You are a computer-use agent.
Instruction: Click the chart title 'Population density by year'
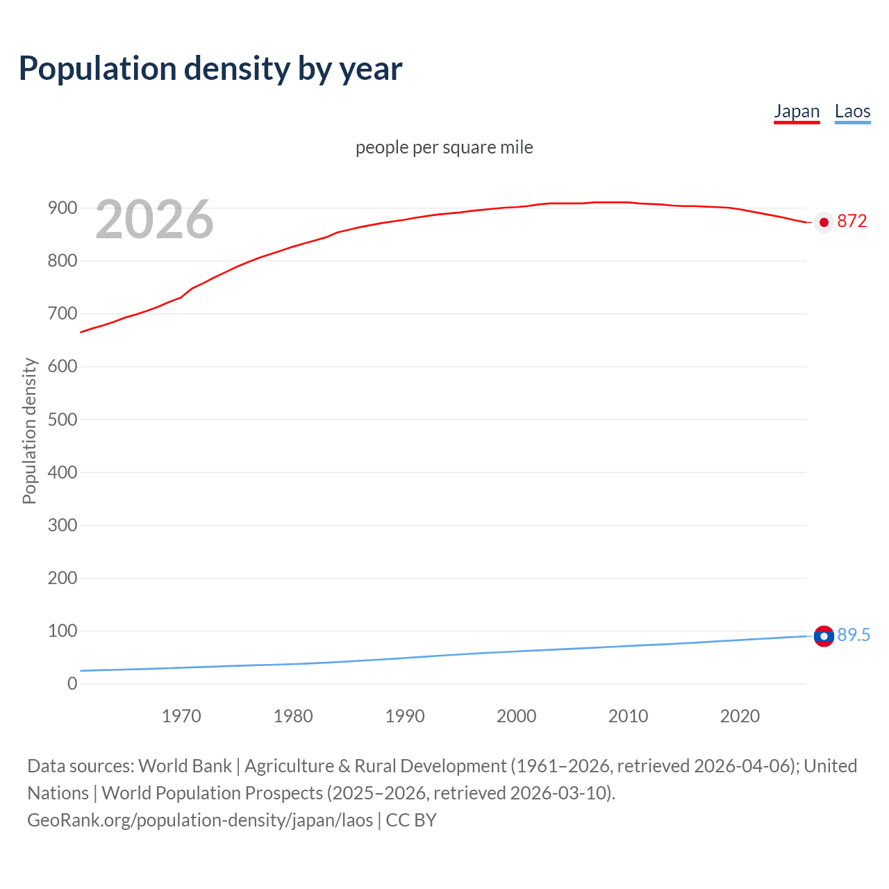[x=210, y=69]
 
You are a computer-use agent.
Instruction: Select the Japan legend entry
[x=797, y=111]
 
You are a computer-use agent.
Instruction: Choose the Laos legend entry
[x=852, y=111]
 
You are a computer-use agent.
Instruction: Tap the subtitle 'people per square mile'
[x=444, y=148]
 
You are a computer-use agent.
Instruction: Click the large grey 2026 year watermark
[x=154, y=219]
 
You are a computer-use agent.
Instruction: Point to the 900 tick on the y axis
[x=63, y=208]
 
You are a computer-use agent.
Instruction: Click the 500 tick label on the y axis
[x=63, y=419]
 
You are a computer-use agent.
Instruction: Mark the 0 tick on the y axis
[x=72, y=683]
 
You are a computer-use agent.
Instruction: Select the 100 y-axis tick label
[x=63, y=631]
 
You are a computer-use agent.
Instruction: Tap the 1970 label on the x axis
[x=181, y=716]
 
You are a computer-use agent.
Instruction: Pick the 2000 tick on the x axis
[x=516, y=716]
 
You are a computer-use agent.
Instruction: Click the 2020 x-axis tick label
[x=740, y=716]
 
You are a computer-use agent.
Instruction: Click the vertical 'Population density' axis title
[x=29, y=431]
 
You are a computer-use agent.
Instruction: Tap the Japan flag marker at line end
[x=824, y=222]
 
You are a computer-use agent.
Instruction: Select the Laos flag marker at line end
[x=824, y=636]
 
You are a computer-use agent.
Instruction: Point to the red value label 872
[x=852, y=222]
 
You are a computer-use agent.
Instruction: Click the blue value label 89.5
[x=854, y=635]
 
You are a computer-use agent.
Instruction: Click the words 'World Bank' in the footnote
[x=185, y=766]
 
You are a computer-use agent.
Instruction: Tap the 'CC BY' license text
[x=411, y=820]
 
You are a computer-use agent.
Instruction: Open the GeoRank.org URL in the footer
[x=200, y=820]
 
